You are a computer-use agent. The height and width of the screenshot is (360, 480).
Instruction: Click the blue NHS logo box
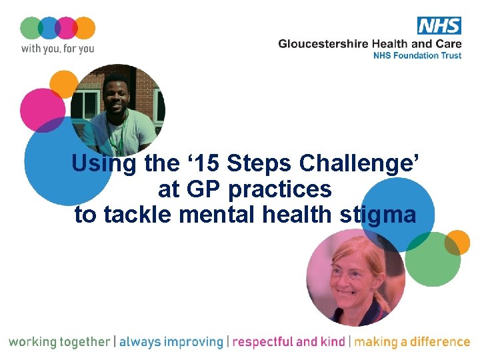click(x=439, y=25)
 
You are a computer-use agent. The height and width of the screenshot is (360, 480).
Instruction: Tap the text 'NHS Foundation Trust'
click(x=416, y=55)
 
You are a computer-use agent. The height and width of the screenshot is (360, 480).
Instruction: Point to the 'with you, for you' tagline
click(x=57, y=48)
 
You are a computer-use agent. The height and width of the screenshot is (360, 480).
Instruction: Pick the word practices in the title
click(x=280, y=190)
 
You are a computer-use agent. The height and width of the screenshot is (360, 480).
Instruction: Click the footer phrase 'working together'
click(x=59, y=342)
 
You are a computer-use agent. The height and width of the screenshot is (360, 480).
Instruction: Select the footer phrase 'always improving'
click(x=171, y=342)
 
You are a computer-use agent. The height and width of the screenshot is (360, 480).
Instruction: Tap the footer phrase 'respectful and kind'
click(x=289, y=342)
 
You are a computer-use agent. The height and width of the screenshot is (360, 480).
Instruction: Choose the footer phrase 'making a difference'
click(x=412, y=342)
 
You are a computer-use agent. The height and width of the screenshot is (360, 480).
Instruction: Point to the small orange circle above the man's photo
click(x=65, y=85)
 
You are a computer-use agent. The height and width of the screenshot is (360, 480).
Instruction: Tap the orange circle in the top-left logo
click(x=84, y=28)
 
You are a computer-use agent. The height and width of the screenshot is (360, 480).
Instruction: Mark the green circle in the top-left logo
click(x=31, y=28)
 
